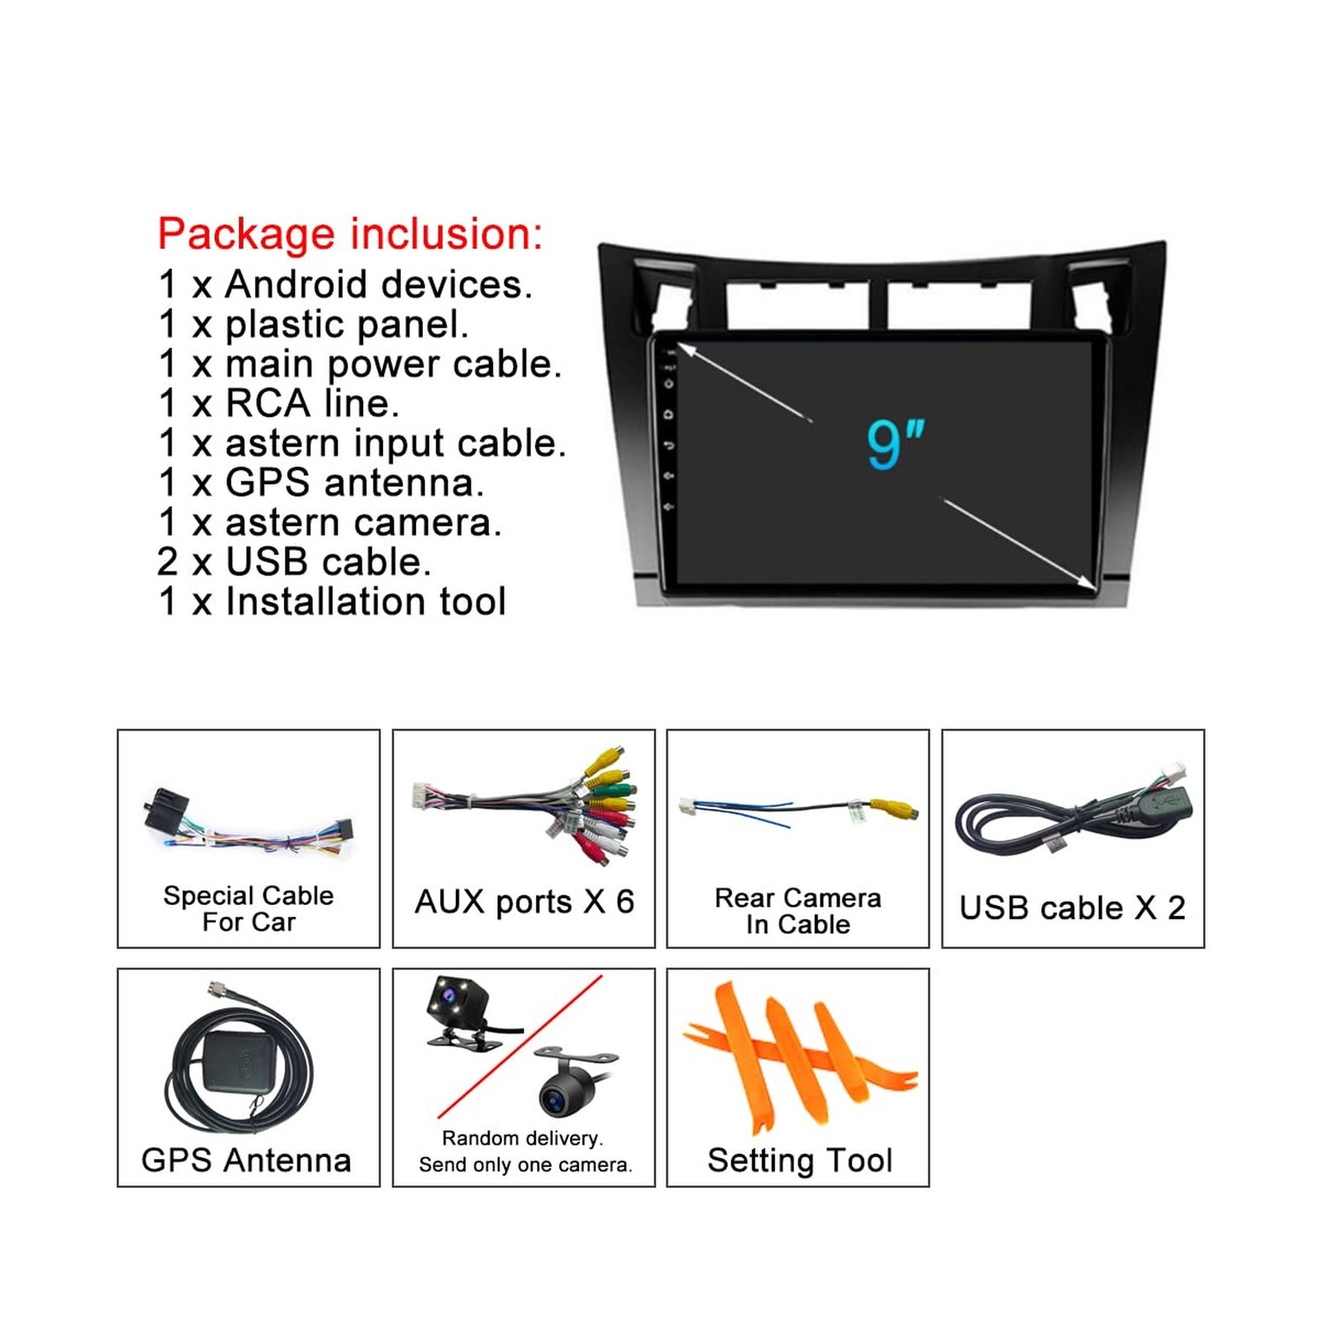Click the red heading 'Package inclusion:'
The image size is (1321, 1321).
[x=350, y=234]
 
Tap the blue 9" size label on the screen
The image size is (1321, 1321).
[x=895, y=444]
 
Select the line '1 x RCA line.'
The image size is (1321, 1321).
[x=279, y=404]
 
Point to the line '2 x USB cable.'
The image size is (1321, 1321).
[x=294, y=562]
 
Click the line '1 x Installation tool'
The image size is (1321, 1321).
[x=332, y=602]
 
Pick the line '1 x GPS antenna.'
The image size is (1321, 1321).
[x=320, y=483]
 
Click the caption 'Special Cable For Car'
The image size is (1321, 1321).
[x=249, y=908]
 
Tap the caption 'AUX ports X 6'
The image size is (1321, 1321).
[x=524, y=902]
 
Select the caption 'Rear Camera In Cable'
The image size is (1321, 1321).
[x=798, y=911]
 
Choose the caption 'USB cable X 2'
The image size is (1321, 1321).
[x=1072, y=908]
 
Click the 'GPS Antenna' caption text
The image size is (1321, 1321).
[x=246, y=1160]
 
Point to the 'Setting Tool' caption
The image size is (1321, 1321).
[x=799, y=1161]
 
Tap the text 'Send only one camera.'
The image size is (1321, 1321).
[x=525, y=1165]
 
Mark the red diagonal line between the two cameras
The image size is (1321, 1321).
[x=520, y=1046]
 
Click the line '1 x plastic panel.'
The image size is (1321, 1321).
[x=314, y=324]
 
